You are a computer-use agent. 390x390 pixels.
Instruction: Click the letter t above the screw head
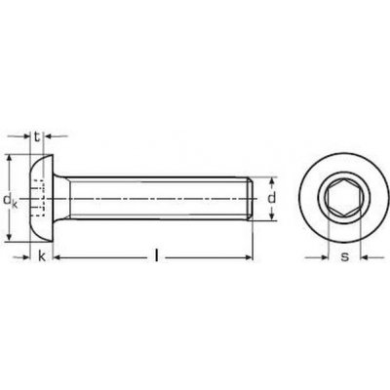[x=36, y=138]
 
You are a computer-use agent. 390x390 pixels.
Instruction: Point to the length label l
[x=156, y=257]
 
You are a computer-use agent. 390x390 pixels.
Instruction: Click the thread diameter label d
[x=275, y=198]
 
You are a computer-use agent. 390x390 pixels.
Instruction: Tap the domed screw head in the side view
[x=40, y=198]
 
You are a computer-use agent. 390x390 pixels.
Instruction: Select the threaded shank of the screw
[x=156, y=198]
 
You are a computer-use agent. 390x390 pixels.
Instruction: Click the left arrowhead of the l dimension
[x=56, y=257]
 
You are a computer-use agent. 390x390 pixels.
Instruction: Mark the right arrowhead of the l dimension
[x=253, y=257]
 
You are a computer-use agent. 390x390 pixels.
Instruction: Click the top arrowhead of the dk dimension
[x=9, y=160]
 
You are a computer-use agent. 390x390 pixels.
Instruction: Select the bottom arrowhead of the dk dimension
[x=9, y=237]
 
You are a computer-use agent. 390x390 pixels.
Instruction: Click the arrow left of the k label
[x=24, y=257]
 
